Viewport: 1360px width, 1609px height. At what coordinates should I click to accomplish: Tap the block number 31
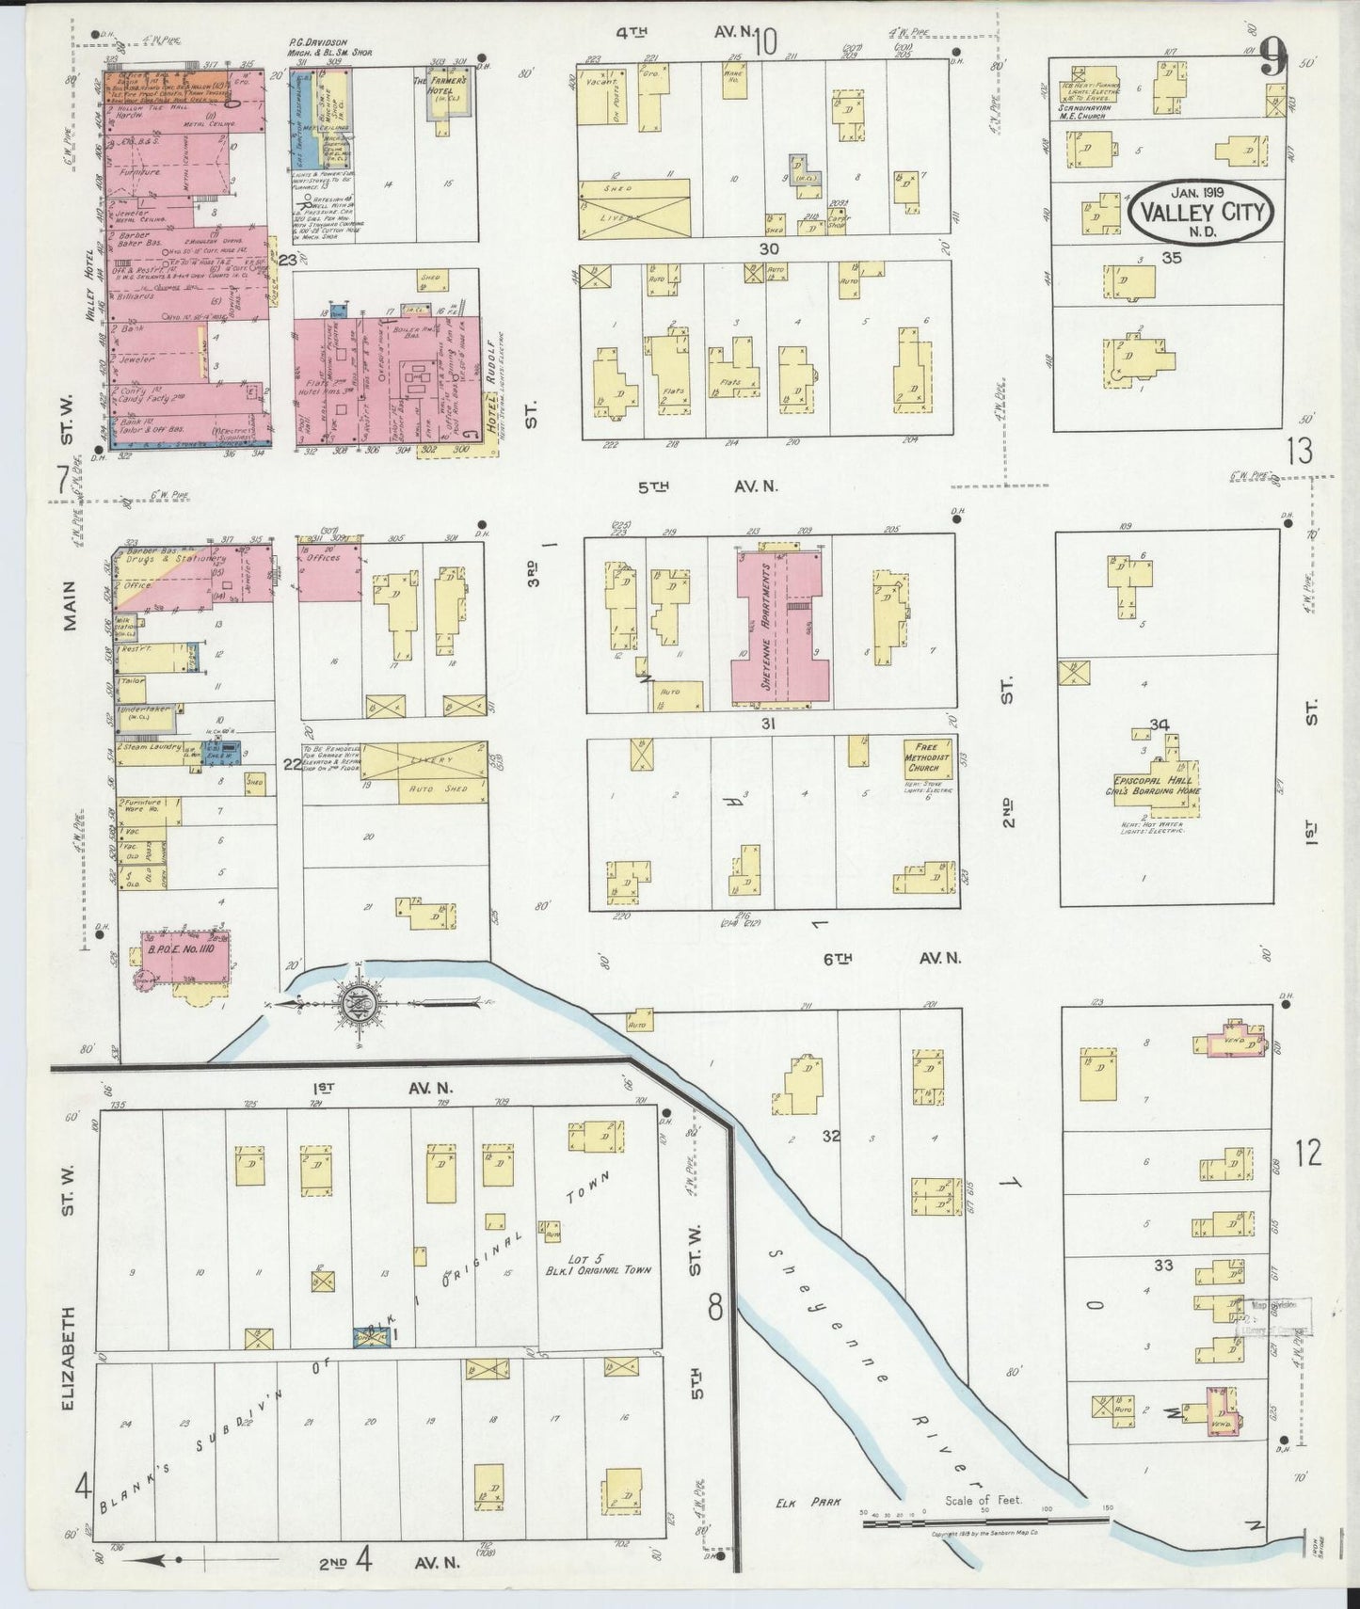768,724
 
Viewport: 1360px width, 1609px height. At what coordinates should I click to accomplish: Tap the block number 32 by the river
829,1136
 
